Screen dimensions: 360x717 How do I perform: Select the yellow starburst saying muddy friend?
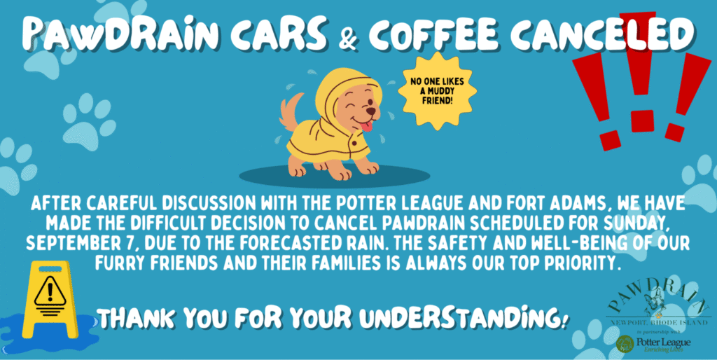click(x=437, y=90)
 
